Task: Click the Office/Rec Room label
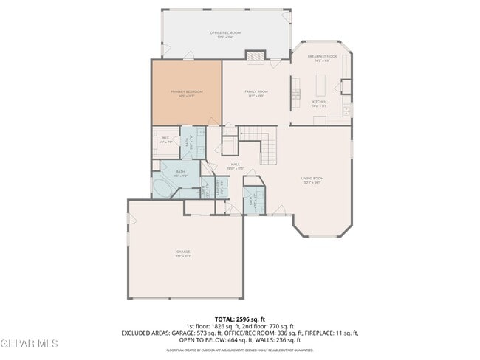tap(225, 34)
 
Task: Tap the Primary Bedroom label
tap(186, 93)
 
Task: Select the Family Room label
tap(256, 93)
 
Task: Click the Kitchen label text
tap(319, 103)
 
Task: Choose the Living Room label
tap(312, 179)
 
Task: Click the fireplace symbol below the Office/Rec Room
tap(254, 57)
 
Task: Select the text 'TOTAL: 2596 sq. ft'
tap(239, 319)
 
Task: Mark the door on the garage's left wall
tap(130, 219)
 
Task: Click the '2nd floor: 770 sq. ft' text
tap(266, 326)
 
